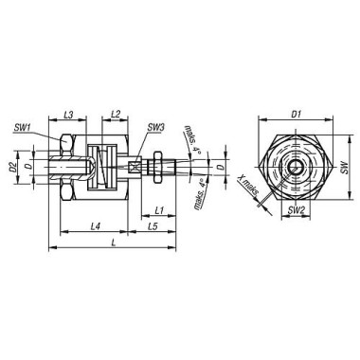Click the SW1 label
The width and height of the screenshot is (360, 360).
tap(22, 128)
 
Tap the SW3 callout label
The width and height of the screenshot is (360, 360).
tap(156, 128)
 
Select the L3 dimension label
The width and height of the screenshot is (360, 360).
tap(68, 115)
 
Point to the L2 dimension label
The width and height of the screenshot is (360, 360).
tap(116, 115)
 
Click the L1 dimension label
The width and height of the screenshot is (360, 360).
tap(159, 210)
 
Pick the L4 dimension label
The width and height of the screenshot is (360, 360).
tap(95, 226)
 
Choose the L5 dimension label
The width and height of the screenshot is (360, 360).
tap(153, 226)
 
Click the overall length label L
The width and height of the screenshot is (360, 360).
tap(114, 243)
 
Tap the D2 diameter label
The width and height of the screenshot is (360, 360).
tap(13, 167)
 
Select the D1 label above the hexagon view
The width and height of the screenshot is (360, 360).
tap(296, 115)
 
